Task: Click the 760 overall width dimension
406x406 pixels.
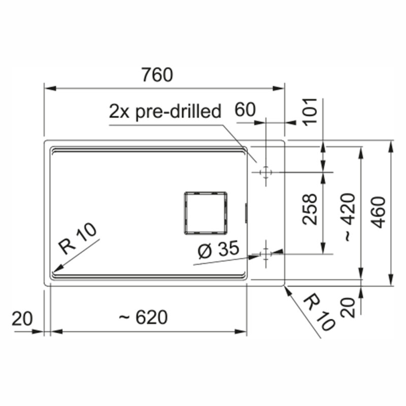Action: pos(157,75)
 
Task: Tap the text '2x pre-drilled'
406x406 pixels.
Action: pos(165,111)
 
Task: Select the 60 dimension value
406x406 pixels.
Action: pos(245,110)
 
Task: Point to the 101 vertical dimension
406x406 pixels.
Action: pos(310,112)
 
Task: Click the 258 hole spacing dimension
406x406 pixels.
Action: pos(310,209)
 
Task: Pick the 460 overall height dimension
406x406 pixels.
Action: pos(378,212)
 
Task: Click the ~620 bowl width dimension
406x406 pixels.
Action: pos(143,317)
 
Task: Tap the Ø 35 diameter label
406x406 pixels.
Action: pos(218,249)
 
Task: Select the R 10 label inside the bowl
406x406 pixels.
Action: pos(77,238)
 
